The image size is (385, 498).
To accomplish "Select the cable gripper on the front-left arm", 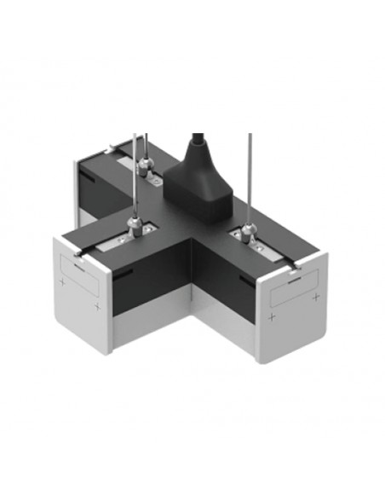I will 135,226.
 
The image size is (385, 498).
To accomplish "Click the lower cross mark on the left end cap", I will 99,306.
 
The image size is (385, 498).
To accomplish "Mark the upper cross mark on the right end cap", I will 315,296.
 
